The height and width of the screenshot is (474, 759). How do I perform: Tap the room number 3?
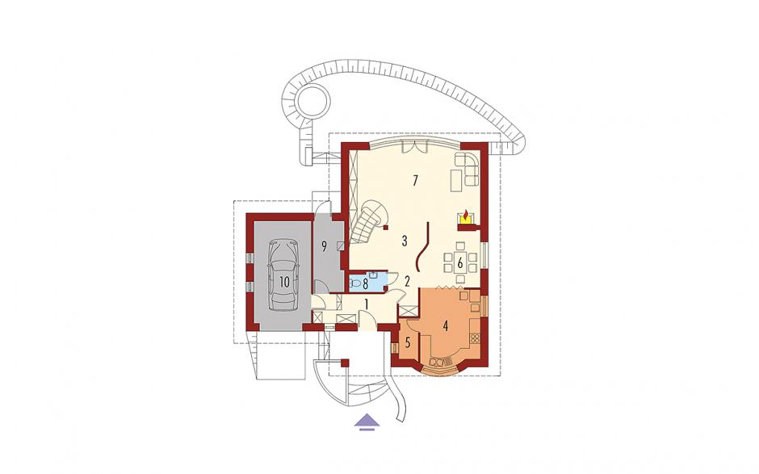pos(405,240)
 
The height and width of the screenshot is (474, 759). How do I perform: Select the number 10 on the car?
pos(283,282)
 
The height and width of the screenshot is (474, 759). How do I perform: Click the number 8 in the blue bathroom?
pos(366,283)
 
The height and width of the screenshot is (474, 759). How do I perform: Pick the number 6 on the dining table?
pos(460,264)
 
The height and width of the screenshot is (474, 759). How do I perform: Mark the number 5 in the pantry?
pos(408,343)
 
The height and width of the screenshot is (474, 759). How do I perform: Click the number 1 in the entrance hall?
pos(367,304)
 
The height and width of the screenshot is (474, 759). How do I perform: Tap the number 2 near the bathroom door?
pos(407,281)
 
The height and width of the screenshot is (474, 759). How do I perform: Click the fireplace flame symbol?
pos(465,214)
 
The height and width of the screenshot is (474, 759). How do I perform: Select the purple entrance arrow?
pos(366,422)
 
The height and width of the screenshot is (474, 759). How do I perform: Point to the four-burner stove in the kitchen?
pos(474,338)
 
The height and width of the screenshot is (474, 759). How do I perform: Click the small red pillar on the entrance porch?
pos(345,363)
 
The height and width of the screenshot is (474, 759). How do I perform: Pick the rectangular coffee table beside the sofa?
pos(456,182)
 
